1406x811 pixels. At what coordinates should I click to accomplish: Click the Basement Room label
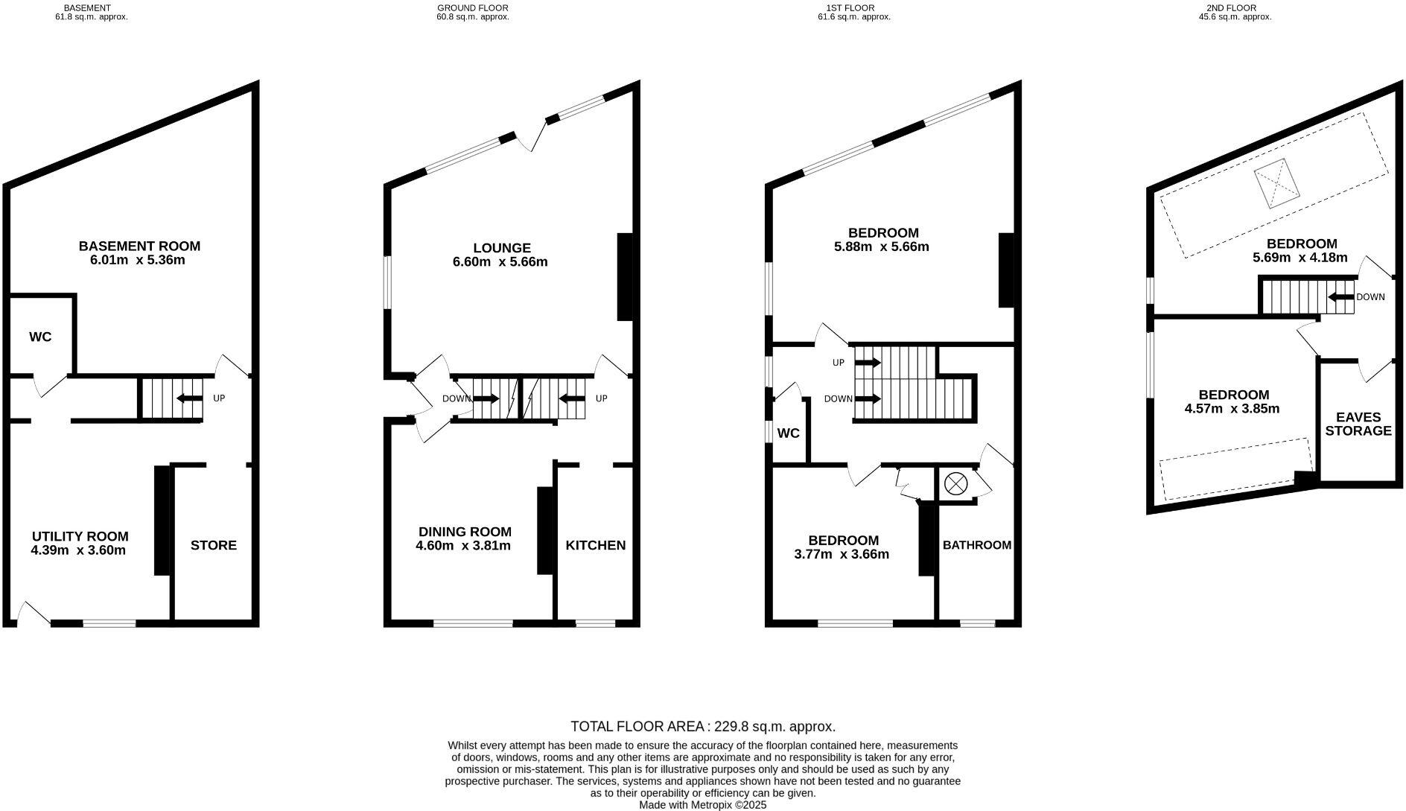pos(139,246)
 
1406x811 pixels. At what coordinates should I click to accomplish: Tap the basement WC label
pos(40,337)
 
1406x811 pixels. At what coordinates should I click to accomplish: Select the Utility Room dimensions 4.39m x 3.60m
pos(78,551)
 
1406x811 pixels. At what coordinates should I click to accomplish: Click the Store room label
pos(214,545)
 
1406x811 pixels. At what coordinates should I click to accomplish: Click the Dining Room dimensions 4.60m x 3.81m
pos(463,546)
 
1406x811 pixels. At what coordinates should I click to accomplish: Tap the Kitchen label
pos(596,545)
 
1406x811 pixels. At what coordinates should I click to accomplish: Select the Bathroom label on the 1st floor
pos(977,545)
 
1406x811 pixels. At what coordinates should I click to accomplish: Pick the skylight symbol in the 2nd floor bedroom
pos(1276,184)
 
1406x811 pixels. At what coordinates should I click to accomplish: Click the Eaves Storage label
pos(1358,424)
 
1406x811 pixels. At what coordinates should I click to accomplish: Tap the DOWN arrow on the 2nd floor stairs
pos(1341,297)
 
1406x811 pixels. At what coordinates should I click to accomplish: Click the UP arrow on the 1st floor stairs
pos(868,363)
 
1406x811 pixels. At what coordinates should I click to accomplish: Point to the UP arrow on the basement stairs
pos(189,398)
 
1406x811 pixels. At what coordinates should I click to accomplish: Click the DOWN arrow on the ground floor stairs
pos(486,398)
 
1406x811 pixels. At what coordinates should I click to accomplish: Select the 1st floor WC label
pos(788,433)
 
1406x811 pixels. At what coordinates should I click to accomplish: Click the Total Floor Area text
pos(703,726)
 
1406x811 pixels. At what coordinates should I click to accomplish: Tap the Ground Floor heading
pos(473,8)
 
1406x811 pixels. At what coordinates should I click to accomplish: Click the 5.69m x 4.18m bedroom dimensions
pos(1300,258)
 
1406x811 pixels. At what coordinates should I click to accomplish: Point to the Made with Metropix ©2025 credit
pos(703,804)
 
